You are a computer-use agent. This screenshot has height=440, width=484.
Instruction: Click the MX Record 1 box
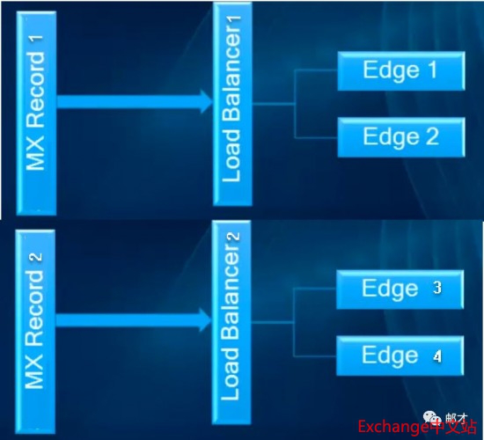[x=36, y=113]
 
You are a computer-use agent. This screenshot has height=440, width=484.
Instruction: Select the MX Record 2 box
[x=35, y=332]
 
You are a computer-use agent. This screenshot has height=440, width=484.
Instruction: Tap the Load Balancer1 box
[x=232, y=104]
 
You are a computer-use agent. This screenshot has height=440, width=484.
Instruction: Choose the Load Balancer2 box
[x=231, y=322]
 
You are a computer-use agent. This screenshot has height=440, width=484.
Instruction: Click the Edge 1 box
[x=401, y=71]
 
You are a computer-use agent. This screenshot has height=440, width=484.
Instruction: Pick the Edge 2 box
[x=401, y=137]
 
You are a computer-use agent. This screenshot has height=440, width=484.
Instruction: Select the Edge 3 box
[x=400, y=290]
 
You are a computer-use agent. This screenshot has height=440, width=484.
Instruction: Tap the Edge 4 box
[x=400, y=356]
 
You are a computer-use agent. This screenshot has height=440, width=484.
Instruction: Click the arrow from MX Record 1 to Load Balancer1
[x=135, y=101]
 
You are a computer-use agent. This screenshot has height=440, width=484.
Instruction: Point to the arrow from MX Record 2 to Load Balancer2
[x=134, y=320]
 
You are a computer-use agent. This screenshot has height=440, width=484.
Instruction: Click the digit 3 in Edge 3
[x=437, y=288]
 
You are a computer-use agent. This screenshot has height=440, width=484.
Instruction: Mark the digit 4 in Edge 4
[x=436, y=356]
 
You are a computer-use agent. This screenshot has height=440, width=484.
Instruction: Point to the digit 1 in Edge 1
[x=432, y=70]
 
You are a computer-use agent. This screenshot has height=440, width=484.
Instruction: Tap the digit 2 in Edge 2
[x=432, y=136]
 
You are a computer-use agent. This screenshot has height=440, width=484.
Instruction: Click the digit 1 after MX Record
[x=36, y=40]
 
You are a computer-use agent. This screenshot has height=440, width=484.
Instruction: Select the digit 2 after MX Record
[x=35, y=257]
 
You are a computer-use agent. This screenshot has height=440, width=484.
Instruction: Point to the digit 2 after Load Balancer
[x=233, y=236]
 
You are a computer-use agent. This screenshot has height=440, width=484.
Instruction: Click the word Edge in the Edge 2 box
[x=391, y=136]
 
